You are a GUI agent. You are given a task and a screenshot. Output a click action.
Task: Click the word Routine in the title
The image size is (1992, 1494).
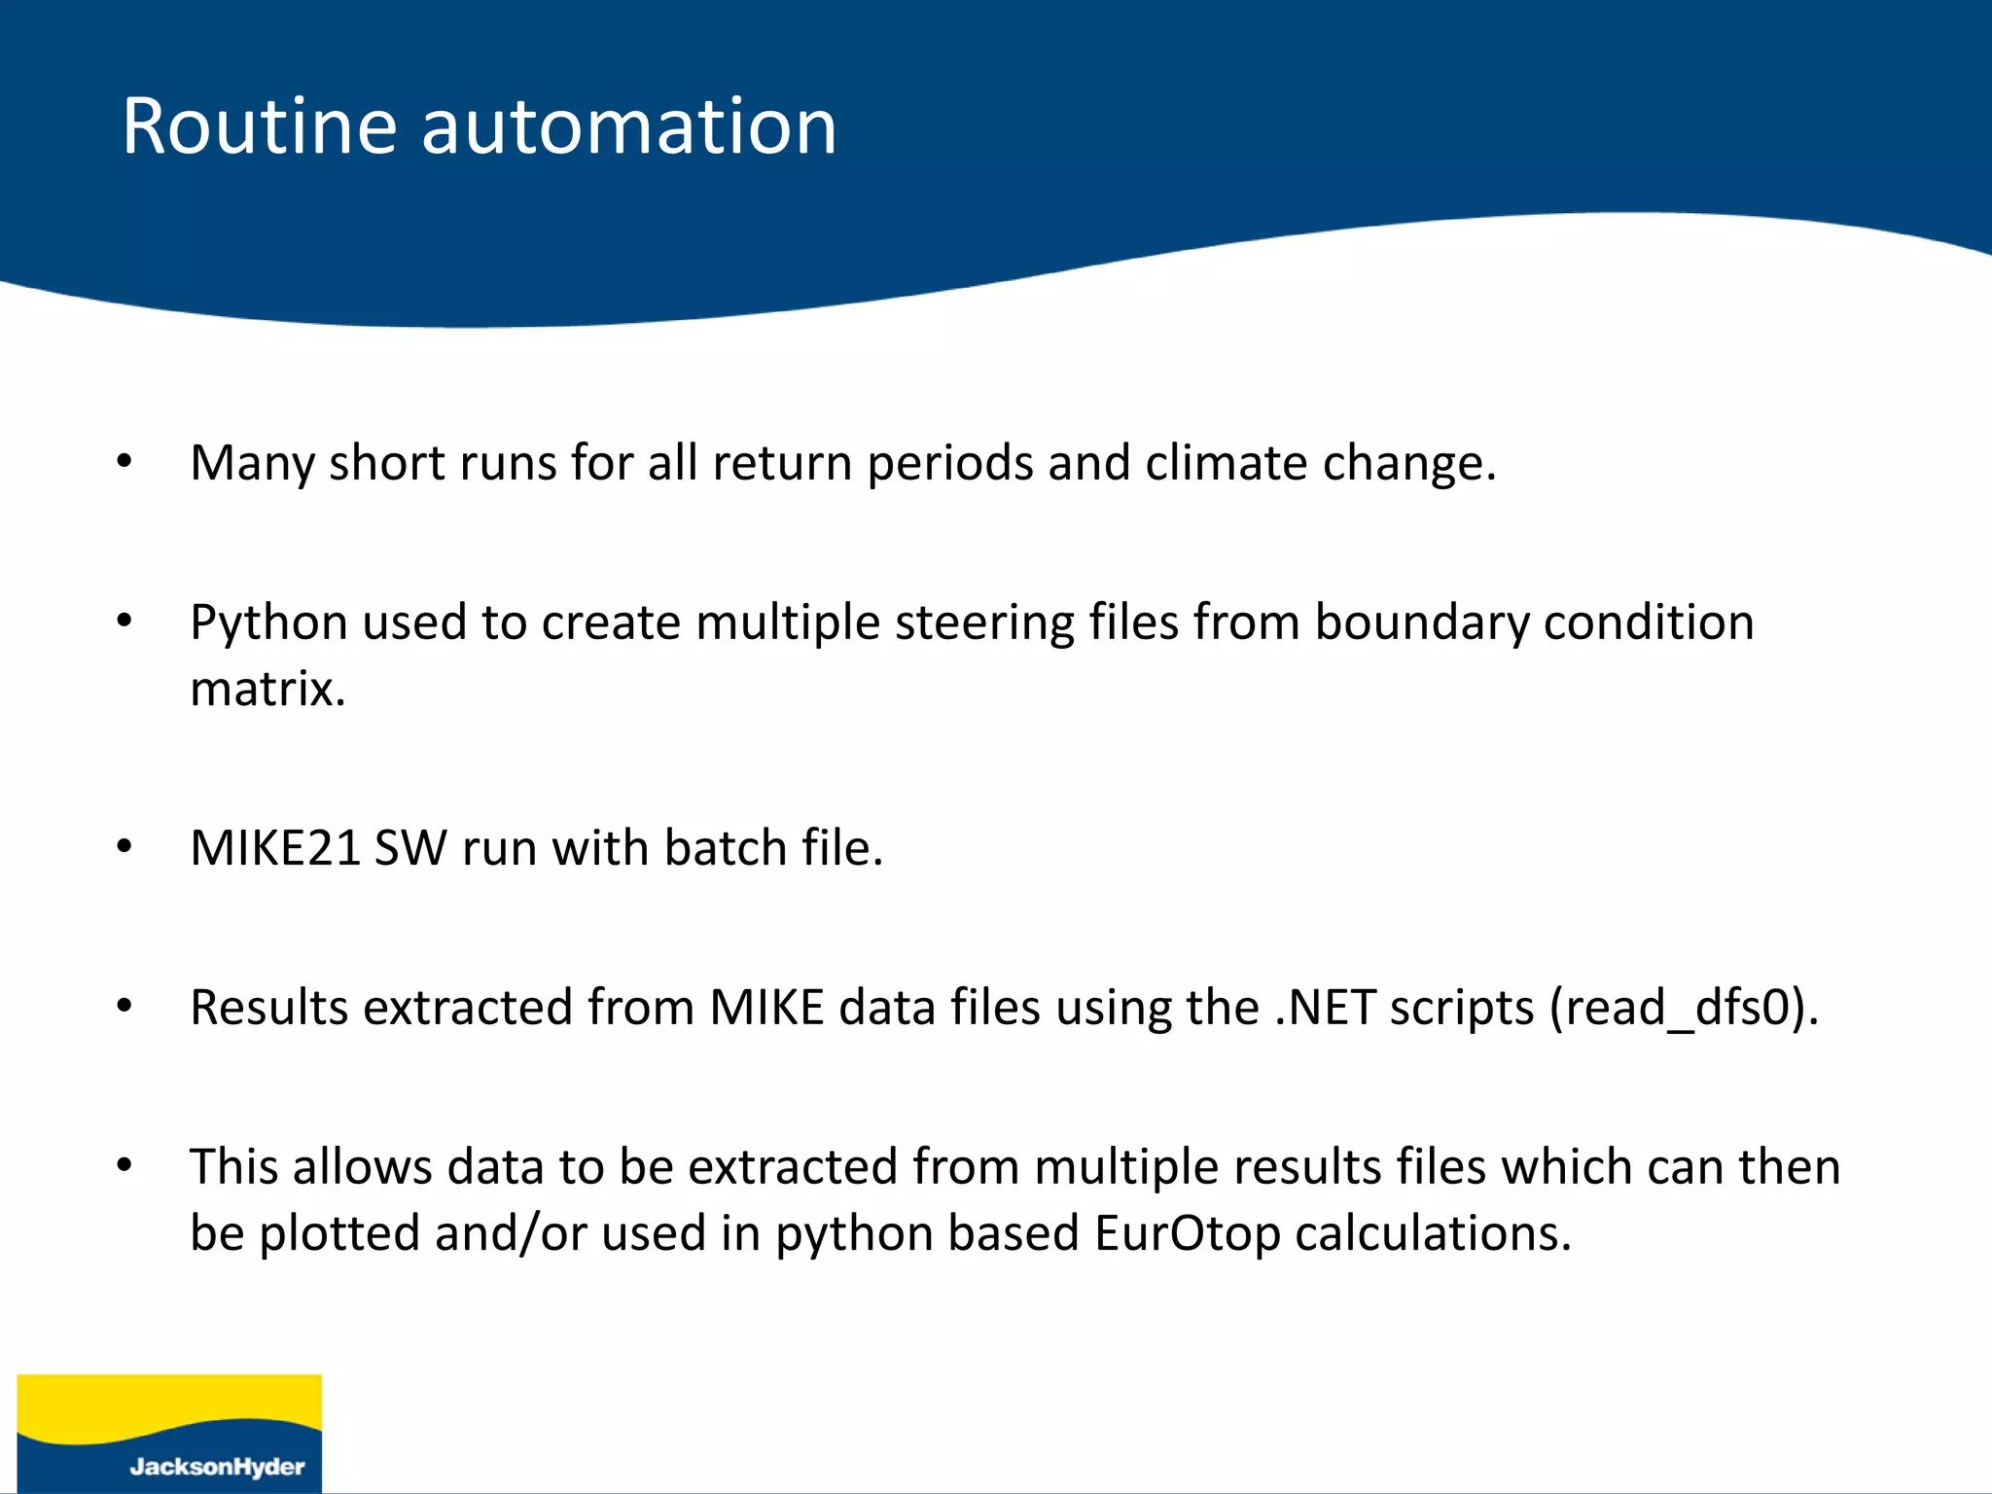tap(259, 126)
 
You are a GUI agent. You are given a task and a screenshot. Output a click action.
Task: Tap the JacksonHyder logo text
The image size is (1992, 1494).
tap(217, 1467)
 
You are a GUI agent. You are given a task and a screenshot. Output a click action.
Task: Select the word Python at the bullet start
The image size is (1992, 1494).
tap(268, 623)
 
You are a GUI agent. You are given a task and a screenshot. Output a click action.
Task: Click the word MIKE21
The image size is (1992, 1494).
tap(275, 848)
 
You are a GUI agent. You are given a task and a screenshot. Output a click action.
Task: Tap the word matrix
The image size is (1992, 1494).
tap(267, 690)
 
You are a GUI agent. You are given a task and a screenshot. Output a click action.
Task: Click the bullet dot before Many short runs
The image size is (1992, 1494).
tap(124, 461)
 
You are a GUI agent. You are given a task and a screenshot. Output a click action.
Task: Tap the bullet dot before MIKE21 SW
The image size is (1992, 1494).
tap(124, 846)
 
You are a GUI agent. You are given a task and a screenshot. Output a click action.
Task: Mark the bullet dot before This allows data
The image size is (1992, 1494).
tap(124, 1164)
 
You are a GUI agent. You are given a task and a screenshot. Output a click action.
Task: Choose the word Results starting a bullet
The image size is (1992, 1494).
tap(268, 1008)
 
